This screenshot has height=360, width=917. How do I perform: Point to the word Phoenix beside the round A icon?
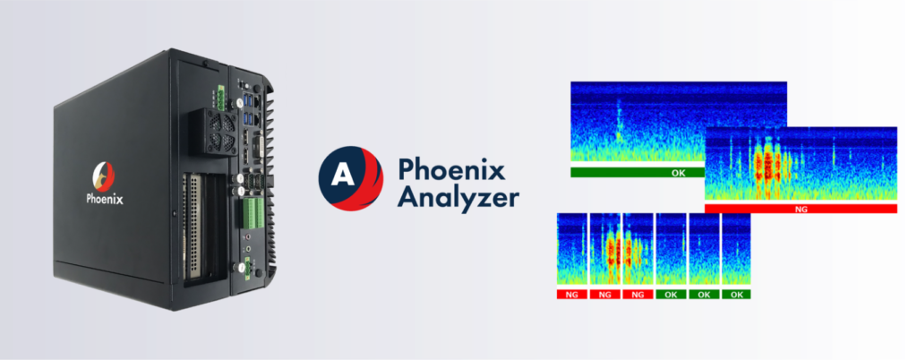coord(439,167)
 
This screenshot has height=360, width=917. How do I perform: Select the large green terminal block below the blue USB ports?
coord(253,213)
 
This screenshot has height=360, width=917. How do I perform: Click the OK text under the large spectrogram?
coord(677,171)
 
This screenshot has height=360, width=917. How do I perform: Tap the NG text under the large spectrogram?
coord(800,208)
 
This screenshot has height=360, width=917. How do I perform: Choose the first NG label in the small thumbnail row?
coord(570,294)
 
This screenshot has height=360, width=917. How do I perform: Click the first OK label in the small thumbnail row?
coord(670,294)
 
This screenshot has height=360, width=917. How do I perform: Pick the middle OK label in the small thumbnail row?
coord(703,294)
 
